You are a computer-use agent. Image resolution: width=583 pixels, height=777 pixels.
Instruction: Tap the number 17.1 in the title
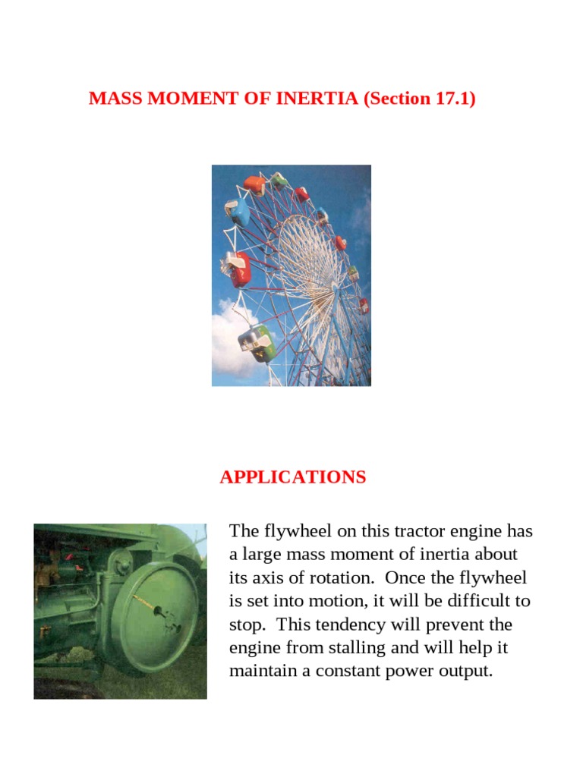452,99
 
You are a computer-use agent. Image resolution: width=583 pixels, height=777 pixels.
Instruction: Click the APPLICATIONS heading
293,477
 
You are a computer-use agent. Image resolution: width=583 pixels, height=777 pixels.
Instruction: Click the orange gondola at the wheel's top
255,184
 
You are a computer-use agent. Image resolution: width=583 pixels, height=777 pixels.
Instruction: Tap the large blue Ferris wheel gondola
238,212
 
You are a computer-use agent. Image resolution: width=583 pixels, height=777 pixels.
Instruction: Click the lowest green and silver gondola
257,341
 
